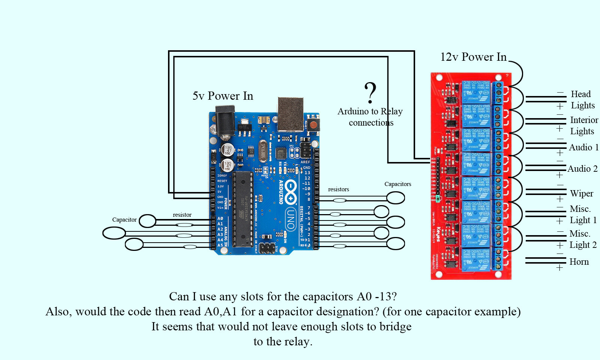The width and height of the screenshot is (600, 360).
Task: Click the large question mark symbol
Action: [370, 93]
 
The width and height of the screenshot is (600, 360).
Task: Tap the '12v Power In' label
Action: [473, 57]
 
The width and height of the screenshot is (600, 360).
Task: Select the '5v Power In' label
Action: [223, 96]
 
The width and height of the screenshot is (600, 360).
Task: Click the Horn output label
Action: [579, 262]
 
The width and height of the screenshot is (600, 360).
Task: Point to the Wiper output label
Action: [582, 193]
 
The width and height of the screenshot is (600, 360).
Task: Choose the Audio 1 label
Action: [583, 147]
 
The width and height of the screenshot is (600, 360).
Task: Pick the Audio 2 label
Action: [582, 169]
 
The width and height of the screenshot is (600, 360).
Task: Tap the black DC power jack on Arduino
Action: [225, 120]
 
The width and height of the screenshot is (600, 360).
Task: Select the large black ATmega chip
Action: [242, 209]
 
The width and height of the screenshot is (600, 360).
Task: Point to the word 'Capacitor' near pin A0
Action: [124, 220]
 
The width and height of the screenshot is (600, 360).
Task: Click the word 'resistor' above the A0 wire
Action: [182, 215]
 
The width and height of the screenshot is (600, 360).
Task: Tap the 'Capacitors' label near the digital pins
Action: [397, 184]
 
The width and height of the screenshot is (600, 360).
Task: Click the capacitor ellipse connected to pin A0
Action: [147, 221]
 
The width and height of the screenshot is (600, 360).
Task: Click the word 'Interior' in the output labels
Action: [584, 120]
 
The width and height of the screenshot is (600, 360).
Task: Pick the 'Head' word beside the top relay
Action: [580, 94]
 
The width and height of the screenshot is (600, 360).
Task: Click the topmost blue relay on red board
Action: [476, 92]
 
